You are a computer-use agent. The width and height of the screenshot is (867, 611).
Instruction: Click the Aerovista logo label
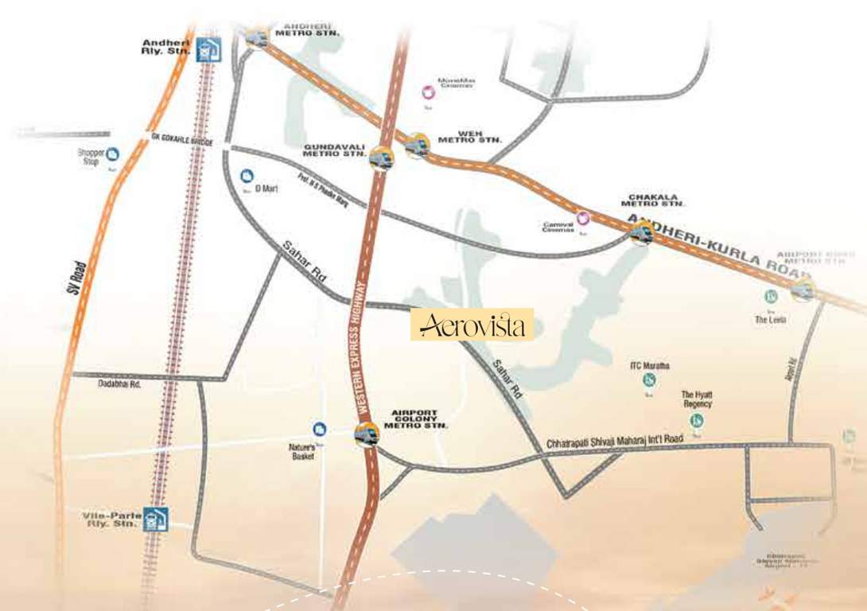[472, 325]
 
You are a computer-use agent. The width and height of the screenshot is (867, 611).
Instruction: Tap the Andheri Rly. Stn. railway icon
[208, 49]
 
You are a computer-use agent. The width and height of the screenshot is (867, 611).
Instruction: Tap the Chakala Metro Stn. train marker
[641, 232]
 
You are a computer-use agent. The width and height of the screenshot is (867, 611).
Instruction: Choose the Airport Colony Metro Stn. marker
[365, 434]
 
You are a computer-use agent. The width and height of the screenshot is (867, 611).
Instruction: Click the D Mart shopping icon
[247, 175]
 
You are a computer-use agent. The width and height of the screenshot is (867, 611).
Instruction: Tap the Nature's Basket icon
[320, 429]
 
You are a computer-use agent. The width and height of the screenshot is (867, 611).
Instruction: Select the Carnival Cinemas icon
[583, 217]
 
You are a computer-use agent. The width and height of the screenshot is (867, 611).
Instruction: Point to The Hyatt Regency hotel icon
[697, 419]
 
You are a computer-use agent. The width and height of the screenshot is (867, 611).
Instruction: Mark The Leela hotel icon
[770, 297]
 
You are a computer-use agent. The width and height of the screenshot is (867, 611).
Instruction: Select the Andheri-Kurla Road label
[699, 242]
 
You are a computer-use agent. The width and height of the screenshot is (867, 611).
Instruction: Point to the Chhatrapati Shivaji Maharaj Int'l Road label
[615, 442]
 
